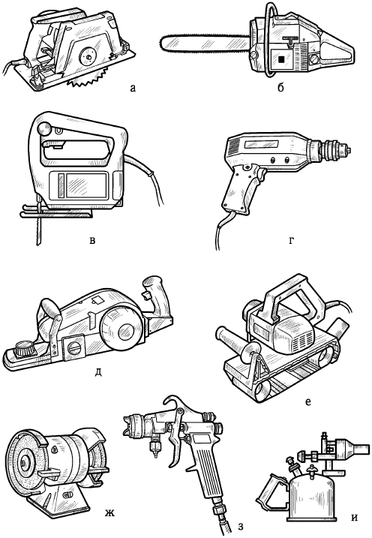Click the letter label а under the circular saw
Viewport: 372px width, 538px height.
[133, 89]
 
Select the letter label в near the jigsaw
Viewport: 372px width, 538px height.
[92, 240]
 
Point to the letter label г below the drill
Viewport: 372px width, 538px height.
[292, 241]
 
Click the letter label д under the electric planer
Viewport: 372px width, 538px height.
[98, 371]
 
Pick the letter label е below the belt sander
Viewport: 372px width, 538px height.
[308, 401]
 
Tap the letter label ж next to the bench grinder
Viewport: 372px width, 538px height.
[109, 514]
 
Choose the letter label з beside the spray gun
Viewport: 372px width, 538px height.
[241, 526]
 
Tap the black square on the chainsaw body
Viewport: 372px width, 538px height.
[281, 59]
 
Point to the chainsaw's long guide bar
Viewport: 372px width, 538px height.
[203, 43]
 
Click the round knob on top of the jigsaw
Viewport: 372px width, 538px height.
[44, 129]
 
